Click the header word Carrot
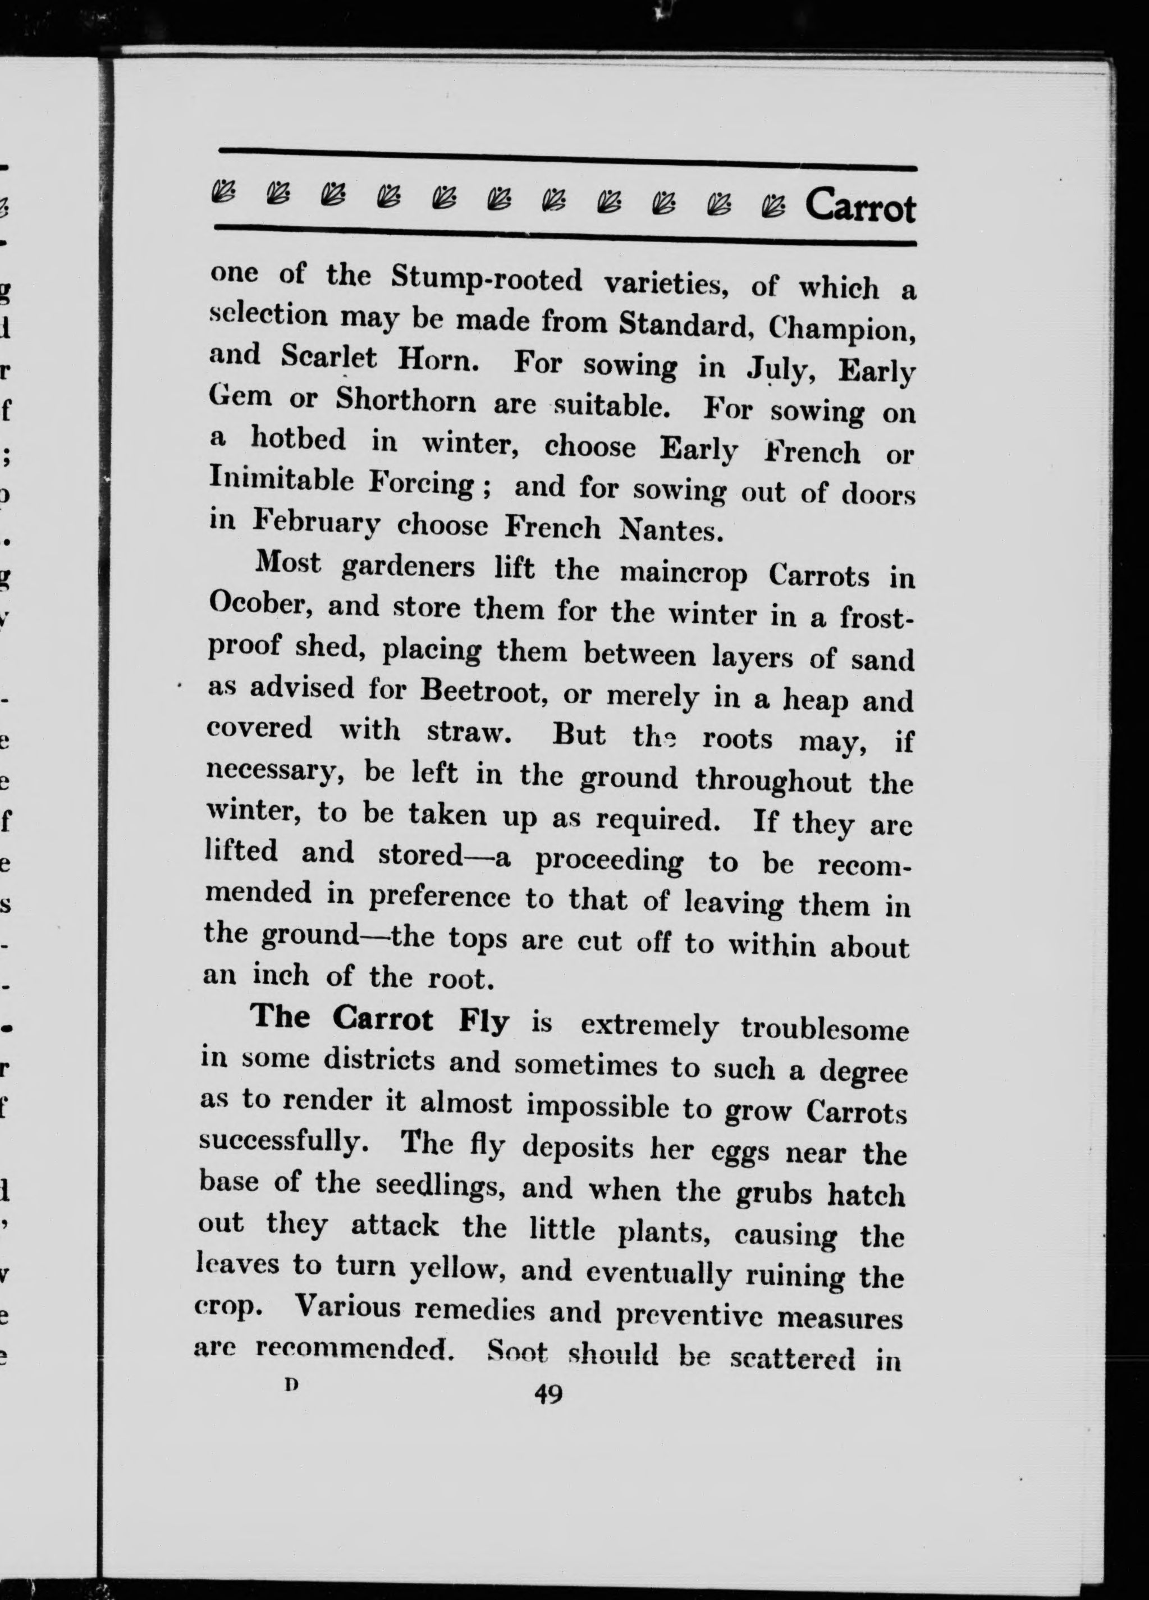pyautogui.click(x=860, y=207)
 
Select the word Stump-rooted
pyautogui.click(x=487, y=280)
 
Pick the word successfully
pyautogui.click(x=280, y=1141)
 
